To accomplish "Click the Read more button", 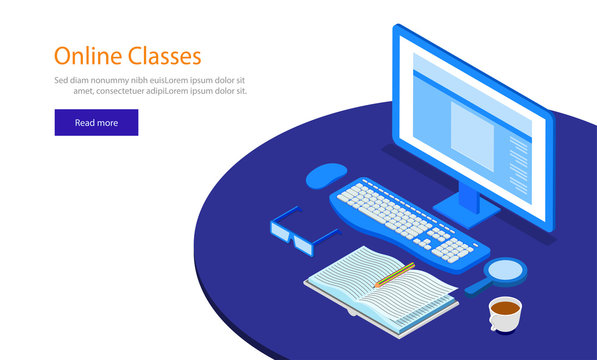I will pos(96,123).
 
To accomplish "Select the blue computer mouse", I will pos(326,176).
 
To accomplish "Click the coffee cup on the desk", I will pos(505,314).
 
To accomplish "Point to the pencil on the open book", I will pos(394,274).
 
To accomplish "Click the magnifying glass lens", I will pos(505,269).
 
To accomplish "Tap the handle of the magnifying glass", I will pos(476,287).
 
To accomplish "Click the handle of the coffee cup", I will pos(491,322).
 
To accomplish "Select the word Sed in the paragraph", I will pos(62,79).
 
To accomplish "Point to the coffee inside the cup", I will pos(506,307).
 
